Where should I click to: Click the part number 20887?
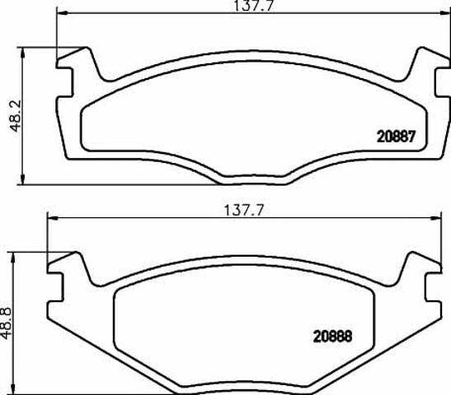point(397,137)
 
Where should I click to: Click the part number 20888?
point(332,336)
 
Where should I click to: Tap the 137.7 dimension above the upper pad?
point(253,6)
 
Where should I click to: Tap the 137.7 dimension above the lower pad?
point(243,211)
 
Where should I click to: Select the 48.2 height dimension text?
point(15,116)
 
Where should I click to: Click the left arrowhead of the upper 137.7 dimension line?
point(62,13)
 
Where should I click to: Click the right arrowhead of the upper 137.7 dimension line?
point(445,13)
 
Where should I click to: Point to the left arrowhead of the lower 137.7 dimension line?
point(53,218)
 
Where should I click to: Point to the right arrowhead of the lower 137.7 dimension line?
point(436,218)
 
